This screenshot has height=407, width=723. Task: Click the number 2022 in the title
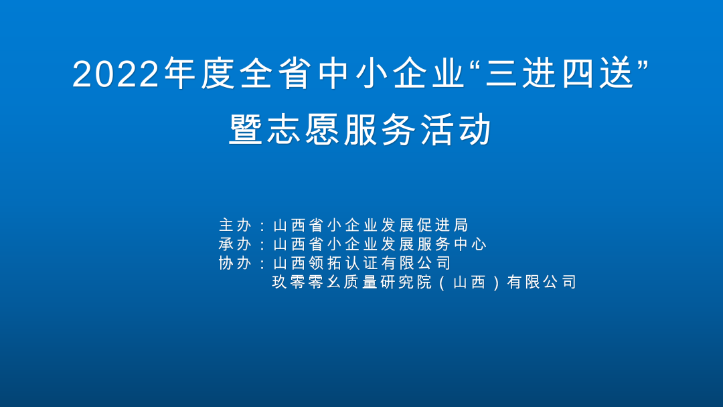point(115,74)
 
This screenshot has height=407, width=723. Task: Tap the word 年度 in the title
point(199,73)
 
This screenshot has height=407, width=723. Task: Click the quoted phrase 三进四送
point(559,73)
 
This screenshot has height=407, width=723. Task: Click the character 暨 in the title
point(246,129)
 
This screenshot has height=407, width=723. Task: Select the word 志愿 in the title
point(303,129)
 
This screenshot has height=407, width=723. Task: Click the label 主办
point(235,226)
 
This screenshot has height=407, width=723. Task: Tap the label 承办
point(235,244)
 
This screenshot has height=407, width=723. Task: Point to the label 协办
point(235,263)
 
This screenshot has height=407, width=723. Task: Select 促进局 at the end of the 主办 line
point(443,226)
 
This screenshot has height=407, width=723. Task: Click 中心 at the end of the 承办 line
point(470,244)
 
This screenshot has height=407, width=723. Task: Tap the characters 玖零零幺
point(307,282)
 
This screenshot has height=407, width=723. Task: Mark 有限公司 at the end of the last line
point(542,282)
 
